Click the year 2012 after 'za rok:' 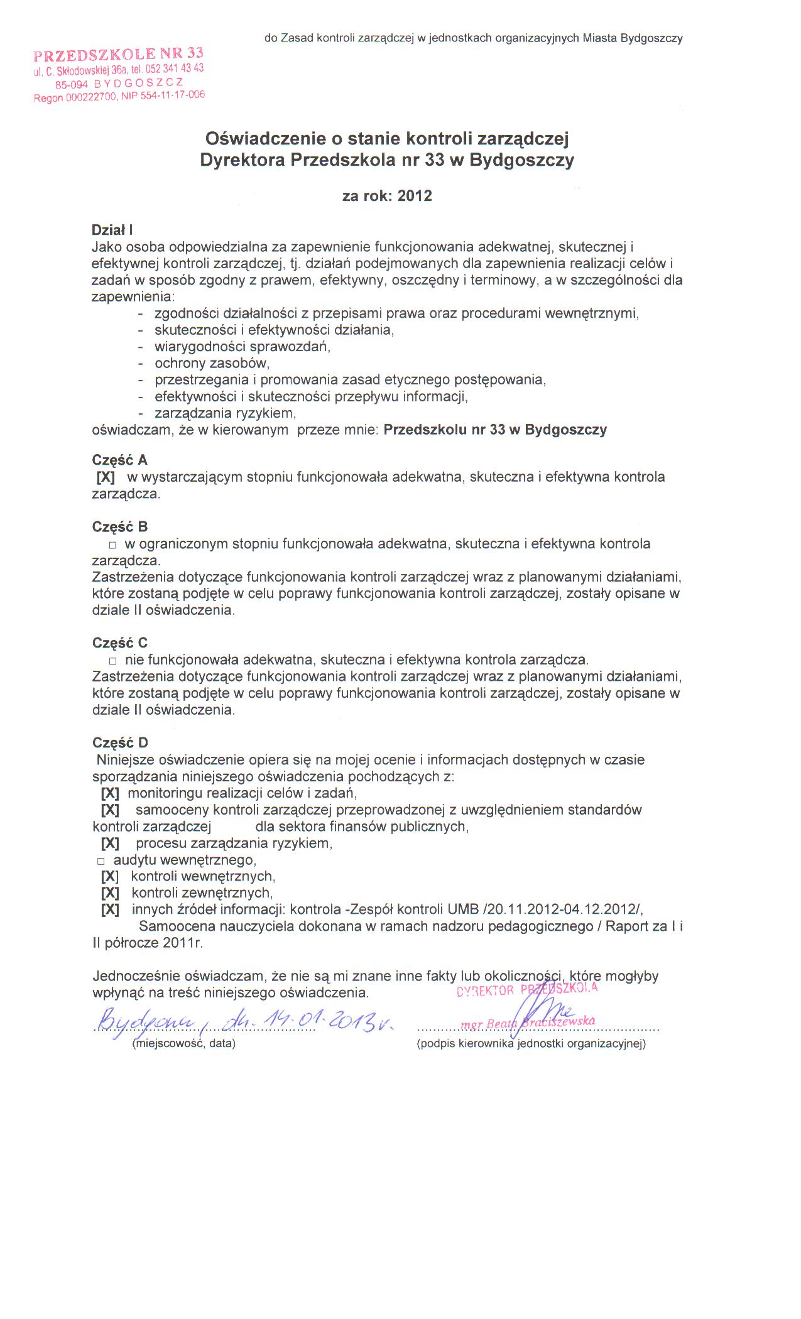coord(415,196)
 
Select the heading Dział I coord(112,231)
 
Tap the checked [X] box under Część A coord(106,477)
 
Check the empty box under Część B coord(113,545)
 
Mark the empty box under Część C coord(113,661)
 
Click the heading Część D coord(120,743)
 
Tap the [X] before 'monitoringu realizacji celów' coord(110,793)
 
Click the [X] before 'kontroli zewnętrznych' coord(110,893)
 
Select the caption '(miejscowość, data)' coord(183,1043)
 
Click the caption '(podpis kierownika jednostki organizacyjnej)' coord(531,1044)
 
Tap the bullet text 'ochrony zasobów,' coord(212,363)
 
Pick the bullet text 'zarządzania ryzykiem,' coord(225,413)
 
